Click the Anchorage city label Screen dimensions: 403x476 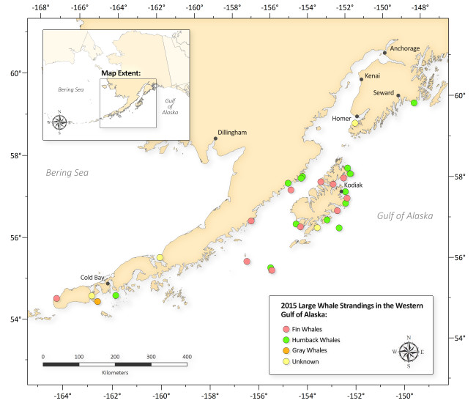tap(405, 48)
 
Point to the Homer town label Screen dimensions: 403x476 tap(341, 118)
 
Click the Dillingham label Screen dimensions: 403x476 tap(231, 133)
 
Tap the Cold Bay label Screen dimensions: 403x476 tap(93, 278)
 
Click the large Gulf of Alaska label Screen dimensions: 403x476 tap(405, 216)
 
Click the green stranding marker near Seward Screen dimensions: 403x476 tap(414, 103)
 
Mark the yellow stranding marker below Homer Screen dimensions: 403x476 tap(354, 123)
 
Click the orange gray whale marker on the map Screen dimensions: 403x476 tap(97, 301)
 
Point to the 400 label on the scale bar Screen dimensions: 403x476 tap(187, 357)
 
